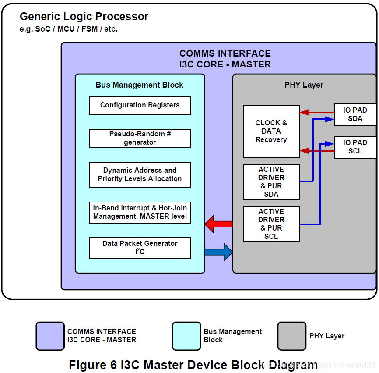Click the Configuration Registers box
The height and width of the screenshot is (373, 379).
[x=140, y=105]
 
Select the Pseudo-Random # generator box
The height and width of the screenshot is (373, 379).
[x=140, y=138]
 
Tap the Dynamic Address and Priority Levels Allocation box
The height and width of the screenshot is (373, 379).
[x=140, y=174]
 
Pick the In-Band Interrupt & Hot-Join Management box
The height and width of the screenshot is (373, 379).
[x=140, y=212]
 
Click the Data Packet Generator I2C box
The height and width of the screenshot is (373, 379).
[x=140, y=248]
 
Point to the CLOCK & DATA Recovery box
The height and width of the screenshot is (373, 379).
[x=271, y=131]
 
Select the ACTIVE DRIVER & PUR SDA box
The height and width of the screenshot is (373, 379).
[x=271, y=182]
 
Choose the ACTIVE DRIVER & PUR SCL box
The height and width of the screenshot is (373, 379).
[x=271, y=224]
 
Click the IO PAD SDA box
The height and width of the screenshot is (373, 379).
[x=354, y=114]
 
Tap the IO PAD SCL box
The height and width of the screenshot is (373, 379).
[x=354, y=147]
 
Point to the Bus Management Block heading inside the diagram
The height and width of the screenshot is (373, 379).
[x=139, y=85]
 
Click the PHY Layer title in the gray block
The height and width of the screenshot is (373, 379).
[x=304, y=85]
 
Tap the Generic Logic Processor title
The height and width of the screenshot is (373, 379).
[x=84, y=17]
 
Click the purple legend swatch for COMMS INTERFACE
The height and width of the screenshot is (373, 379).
[x=50, y=336]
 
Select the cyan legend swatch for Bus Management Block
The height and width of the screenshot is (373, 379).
[x=186, y=336]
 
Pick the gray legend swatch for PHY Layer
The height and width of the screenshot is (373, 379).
[x=291, y=336]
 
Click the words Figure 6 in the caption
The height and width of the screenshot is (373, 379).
[x=93, y=365]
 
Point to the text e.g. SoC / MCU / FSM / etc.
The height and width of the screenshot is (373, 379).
[x=69, y=29]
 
